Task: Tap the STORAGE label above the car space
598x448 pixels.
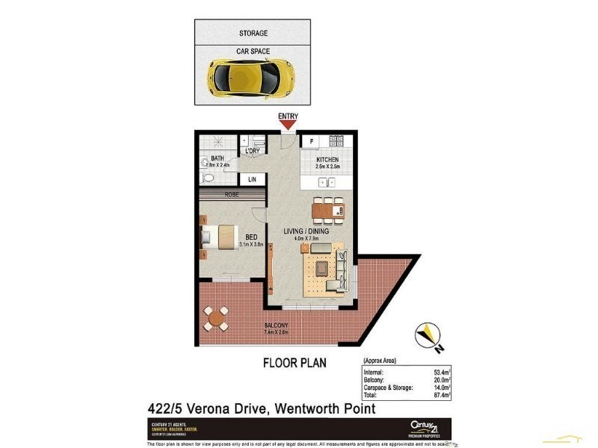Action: coord(253,34)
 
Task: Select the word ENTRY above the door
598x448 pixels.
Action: coord(288,116)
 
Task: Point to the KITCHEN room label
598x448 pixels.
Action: coord(327,160)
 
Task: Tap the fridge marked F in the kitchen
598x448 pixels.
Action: coord(310,141)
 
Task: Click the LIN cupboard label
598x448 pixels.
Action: coord(252,180)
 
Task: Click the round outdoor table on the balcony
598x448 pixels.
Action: coord(217,320)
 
